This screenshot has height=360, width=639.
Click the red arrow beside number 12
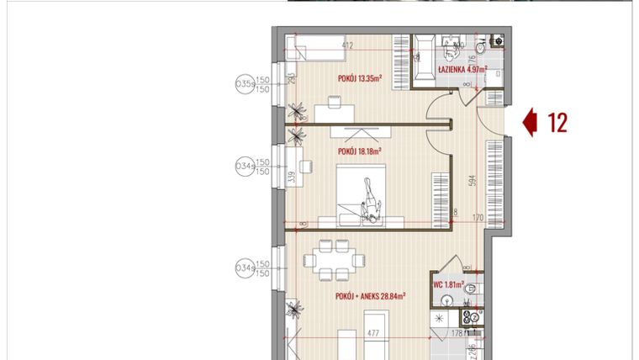530,123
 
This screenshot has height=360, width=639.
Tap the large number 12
557,123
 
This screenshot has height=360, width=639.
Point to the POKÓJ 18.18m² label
359,151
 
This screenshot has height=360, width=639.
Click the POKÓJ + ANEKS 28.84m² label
371,296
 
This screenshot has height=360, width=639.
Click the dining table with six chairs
334,258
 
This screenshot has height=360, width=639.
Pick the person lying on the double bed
371,202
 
